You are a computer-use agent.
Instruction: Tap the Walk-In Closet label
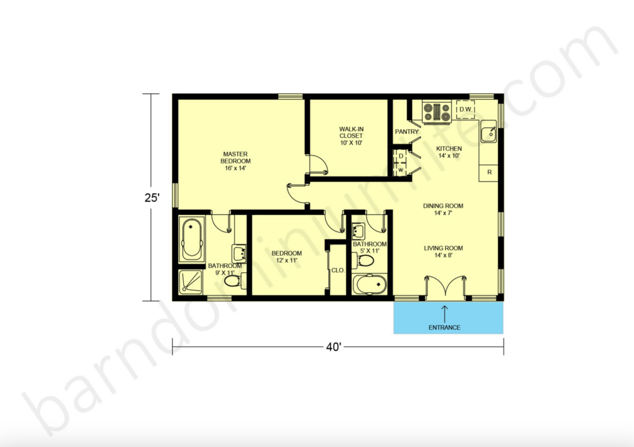point(350,136)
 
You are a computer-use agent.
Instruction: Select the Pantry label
point(407,132)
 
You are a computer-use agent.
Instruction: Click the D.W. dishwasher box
point(466,110)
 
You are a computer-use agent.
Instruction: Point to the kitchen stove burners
point(437,111)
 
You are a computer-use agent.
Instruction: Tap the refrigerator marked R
point(489,172)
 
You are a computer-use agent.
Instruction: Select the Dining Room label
point(443,209)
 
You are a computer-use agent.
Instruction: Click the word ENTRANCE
point(445,328)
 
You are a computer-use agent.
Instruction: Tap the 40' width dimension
point(334,347)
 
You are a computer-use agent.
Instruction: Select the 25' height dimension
point(152,198)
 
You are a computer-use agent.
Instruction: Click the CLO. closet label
point(337,271)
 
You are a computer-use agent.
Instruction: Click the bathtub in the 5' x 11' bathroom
point(370,285)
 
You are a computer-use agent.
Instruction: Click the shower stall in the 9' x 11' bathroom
point(191,284)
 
